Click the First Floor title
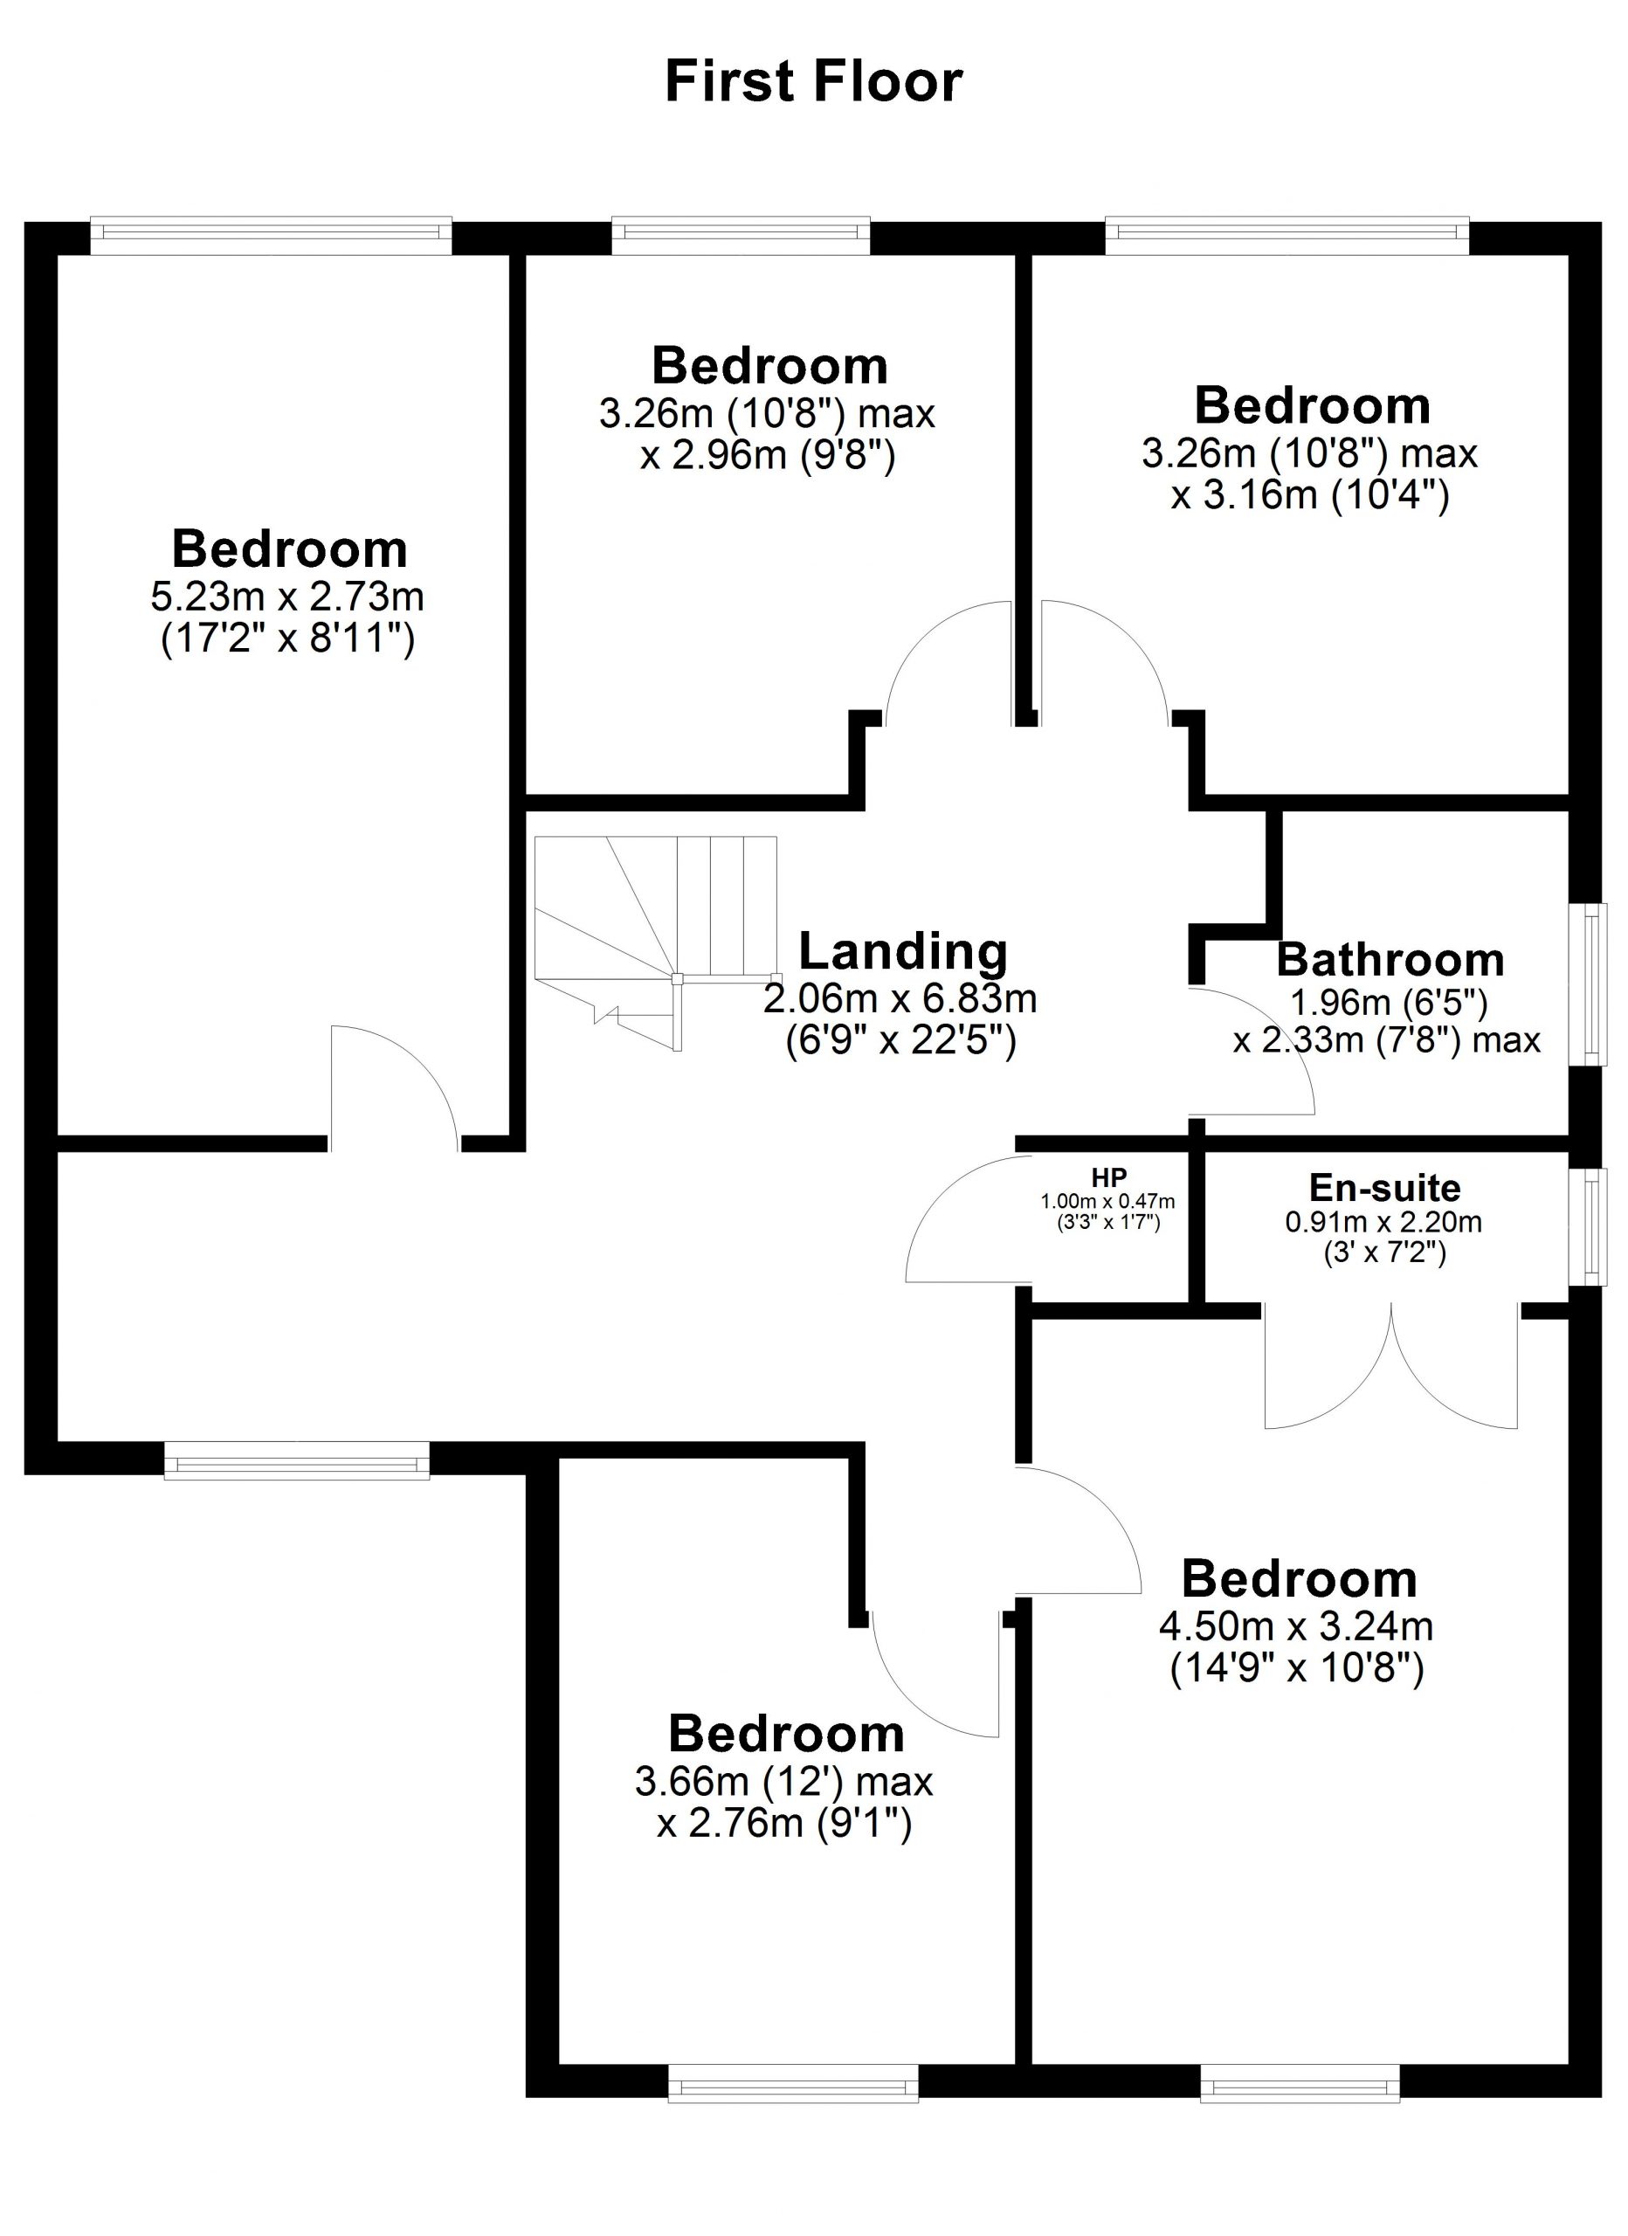(x=813, y=81)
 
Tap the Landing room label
(x=903, y=951)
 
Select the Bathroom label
(x=1390, y=959)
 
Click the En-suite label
(x=1384, y=1187)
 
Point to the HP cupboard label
(x=1109, y=1177)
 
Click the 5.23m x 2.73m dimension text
(x=287, y=596)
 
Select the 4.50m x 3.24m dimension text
(x=1296, y=1625)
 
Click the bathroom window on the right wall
(x=1587, y=983)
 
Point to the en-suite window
(x=1587, y=1227)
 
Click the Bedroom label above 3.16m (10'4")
(x=1312, y=405)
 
